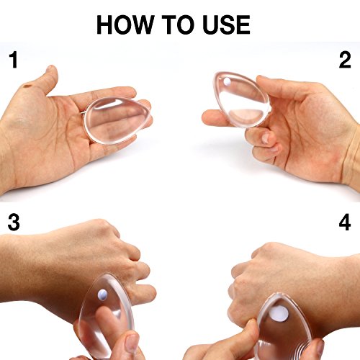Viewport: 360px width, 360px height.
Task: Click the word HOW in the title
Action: pyautogui.click(x=125, y=24)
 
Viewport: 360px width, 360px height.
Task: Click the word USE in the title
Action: pyautogui.click(x=226, y=24)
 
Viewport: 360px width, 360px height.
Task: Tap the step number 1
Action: pyautogui.click(x=14, y=60)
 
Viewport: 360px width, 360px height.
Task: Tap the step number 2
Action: pyautogui.click(x=345, y=60)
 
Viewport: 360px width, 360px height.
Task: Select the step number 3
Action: pyautogui.click(x=14, y=222)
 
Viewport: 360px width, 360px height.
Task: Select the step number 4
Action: pyautogui.click(x=345, y=222)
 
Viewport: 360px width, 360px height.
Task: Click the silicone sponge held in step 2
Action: pyautogui.click(x=241, y=99)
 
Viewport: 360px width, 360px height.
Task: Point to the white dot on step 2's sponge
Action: pyautogui.click(x=227, y=82)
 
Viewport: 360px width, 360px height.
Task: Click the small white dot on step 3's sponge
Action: pyautogui.click(x=102, y=294)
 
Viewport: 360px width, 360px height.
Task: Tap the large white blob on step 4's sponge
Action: pyautogui.click(x=278, y=314)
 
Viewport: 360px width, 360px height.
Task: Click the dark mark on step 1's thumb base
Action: pyautogui.click(x=28, y=85)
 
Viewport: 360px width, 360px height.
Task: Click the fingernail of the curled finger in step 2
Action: pyautogui.click(x=265, y=138)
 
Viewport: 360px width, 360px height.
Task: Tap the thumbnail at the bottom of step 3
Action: pyautogui.click(x=132, y=344)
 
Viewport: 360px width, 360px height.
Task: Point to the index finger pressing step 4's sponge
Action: pyautogui.click(x=243, y=336)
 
